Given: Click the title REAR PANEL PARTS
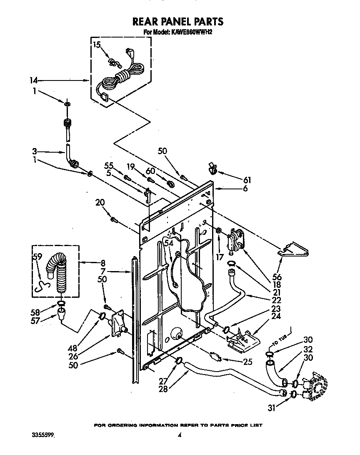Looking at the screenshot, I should click(x=177, y=21).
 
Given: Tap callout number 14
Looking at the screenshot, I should click(x=33, y=80).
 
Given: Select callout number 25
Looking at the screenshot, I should click(x=247, y=362).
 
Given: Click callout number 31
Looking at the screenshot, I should click(x=271, y=408).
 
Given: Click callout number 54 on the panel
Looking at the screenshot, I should click(x=168, y=243).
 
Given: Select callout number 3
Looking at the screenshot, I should click(x=36, y=151).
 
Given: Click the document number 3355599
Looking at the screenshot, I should click(x=43, y=435).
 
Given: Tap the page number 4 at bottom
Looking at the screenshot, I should click(x=179, y=435).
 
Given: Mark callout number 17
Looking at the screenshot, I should click(x=219, y=258).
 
